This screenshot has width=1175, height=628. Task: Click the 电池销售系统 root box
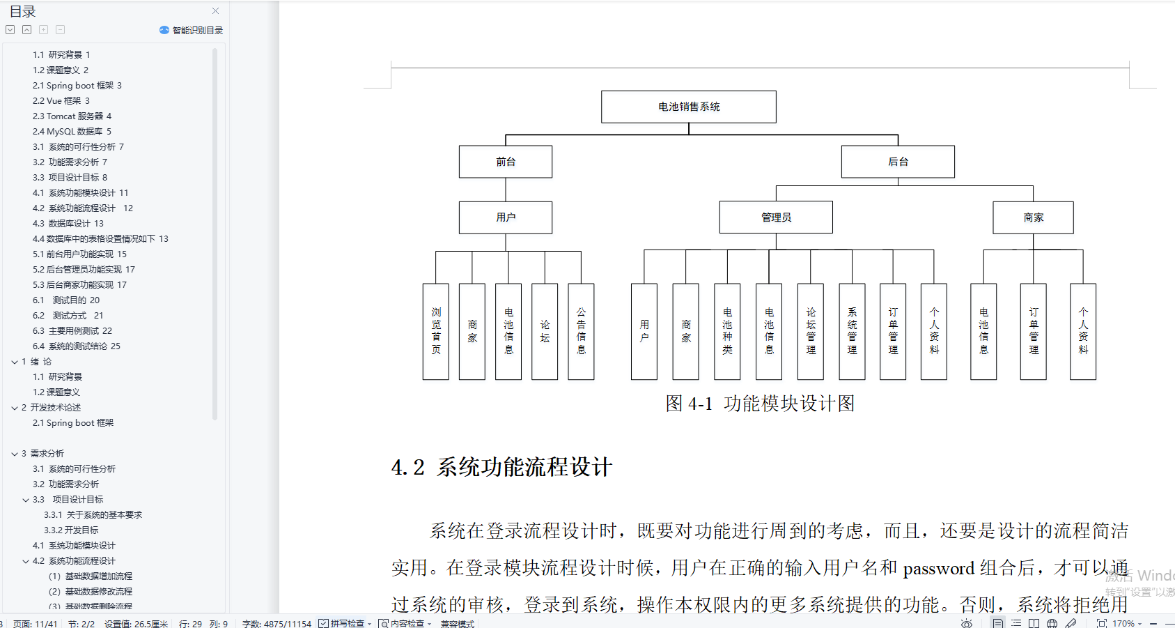[688, 107]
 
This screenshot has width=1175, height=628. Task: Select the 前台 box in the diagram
[505, 162]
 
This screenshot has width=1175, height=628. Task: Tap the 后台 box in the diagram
[897, 162]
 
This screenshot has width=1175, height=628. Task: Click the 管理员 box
[775, 217]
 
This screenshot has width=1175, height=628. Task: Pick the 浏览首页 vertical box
[436, 331]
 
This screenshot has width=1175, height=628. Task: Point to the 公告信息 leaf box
[581, 331]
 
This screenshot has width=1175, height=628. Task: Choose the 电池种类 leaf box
[727, 331]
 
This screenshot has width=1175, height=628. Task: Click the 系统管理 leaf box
[852, 331]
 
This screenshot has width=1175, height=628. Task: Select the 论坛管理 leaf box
[811, 331]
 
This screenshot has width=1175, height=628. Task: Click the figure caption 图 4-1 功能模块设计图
[759, 404]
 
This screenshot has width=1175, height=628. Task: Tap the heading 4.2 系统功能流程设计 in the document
[501, 467]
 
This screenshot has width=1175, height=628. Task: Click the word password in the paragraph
[938, 569]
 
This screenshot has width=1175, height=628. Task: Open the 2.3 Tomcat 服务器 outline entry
[72, 116]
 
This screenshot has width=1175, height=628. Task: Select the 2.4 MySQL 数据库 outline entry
[72, 132]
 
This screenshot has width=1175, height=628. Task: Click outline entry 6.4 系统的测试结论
[76, 346]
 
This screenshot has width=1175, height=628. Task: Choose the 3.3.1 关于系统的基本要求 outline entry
[93, 515]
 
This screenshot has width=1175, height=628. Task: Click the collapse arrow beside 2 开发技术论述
[15, 408]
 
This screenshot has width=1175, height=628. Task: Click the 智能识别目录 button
[192, 30]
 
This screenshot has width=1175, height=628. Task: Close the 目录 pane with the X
[216, 11]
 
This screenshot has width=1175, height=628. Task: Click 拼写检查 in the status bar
[346, 623]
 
